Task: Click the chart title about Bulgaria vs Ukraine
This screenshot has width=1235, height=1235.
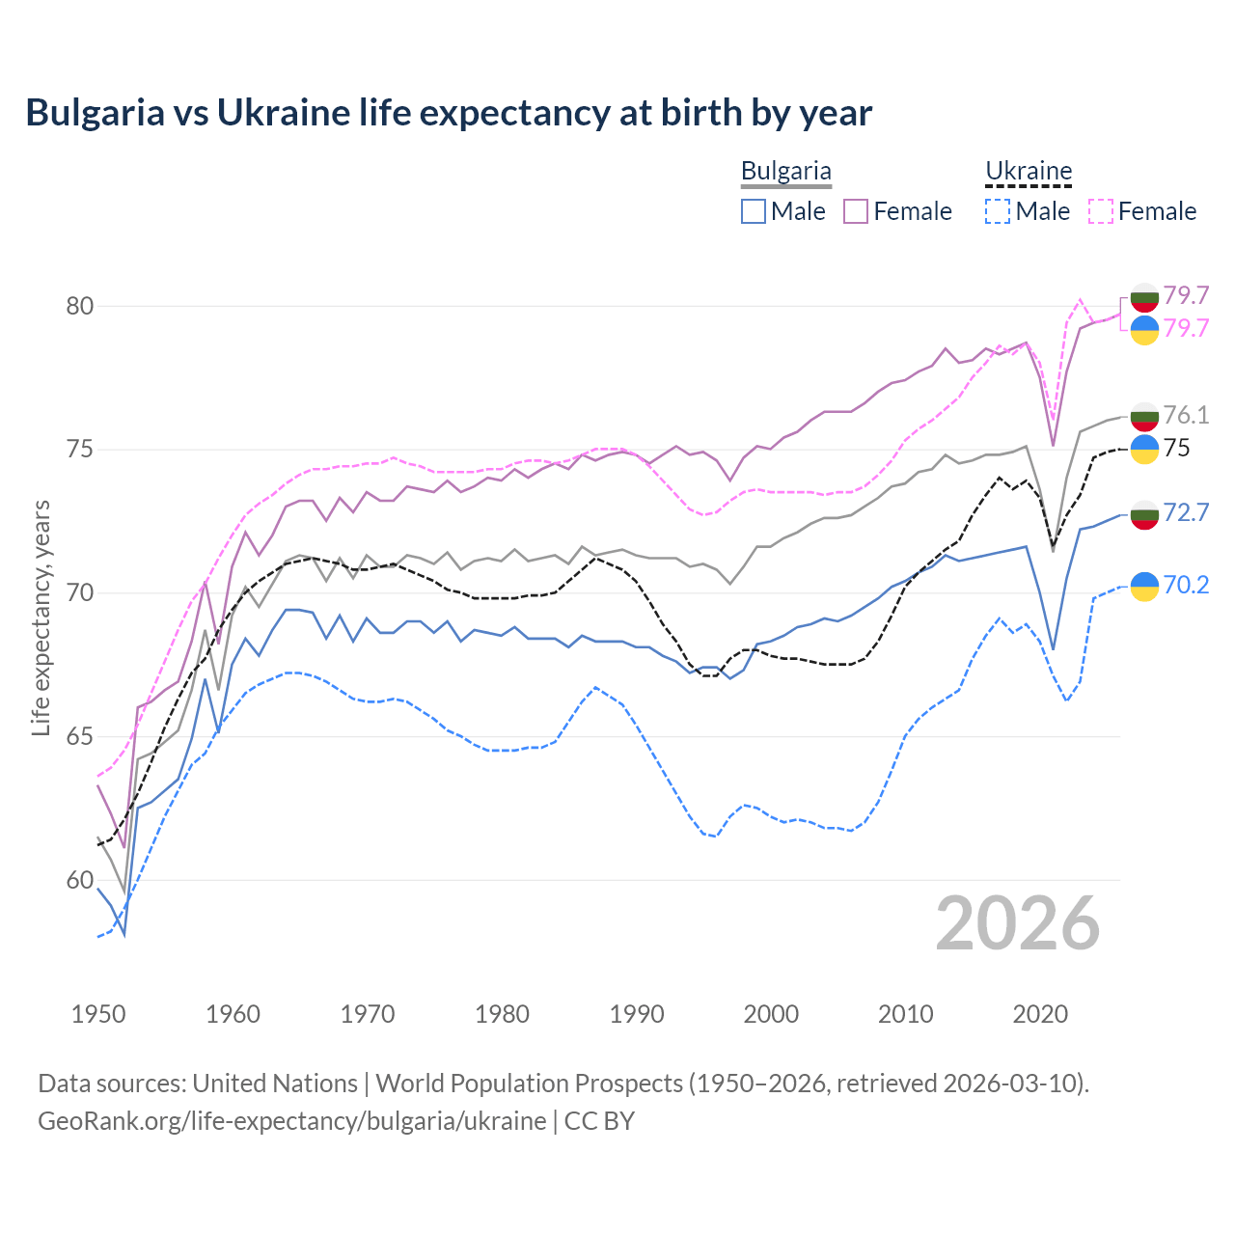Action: [449, 113]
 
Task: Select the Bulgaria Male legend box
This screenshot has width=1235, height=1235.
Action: [754, 211]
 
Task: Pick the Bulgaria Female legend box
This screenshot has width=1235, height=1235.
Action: [856, 211]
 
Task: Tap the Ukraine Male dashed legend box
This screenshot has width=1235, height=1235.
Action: [998, 211]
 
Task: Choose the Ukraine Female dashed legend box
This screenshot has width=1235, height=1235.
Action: [1101, 211]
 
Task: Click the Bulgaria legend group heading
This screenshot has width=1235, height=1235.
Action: [785, 171]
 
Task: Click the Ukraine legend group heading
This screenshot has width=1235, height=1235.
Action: [1029, 171]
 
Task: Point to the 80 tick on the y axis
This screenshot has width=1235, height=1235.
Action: [80, 306]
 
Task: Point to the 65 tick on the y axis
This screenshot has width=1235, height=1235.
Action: [80, 737]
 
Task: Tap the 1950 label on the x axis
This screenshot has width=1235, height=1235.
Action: [98, 1014]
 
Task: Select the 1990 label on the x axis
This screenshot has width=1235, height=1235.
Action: [637, 1014]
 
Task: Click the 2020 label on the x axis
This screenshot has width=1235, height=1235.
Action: [1040, 1014]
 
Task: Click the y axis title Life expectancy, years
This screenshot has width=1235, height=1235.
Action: [41, 617]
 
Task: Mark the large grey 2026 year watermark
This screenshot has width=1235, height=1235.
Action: [1018, 923]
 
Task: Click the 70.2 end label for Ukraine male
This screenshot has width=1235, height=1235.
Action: [1186, 585]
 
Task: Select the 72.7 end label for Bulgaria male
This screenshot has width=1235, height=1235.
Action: [1186, 512]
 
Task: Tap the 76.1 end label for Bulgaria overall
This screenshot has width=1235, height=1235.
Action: [1186, 415]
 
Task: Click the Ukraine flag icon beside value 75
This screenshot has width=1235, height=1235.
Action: [1144, 449]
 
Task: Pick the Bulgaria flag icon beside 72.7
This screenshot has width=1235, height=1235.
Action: [1144, 514]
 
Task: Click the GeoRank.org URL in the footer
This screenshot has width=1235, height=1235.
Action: [291, 1121]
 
